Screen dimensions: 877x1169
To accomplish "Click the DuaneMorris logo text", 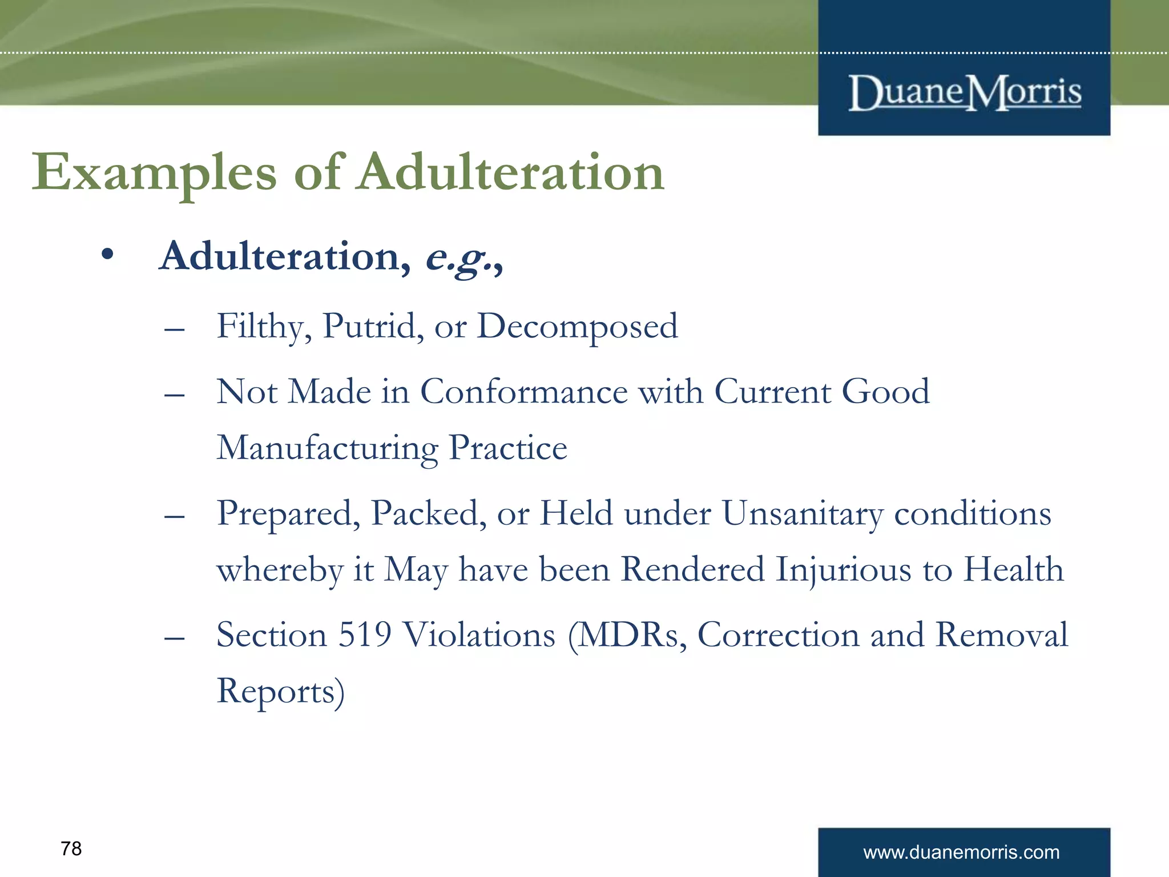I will click(x=964, y=92).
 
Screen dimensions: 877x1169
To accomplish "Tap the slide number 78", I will click(x=71, y=849).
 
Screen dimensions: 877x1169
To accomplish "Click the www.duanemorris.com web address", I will click(x=961, y=852).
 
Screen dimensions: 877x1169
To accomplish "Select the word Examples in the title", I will click(x=154, y=173).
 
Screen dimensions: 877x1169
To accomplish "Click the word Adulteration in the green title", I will click(x=510, y=172).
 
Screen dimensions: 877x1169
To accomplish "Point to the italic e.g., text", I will click(x=464, y=258).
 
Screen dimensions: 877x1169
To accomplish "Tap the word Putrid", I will click(x=373, y=326).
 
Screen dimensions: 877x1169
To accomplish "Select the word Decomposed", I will click(x=577, y=327).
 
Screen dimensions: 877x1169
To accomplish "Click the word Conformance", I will click(x=523, y=392).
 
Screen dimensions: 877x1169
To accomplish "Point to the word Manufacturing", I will click(x=327, y=448).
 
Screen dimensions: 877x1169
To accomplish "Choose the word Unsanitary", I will click(x=802, y=513).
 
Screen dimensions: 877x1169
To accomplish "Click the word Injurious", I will click(x=843, y=570).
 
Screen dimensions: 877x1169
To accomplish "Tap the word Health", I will click(x=1014, y=569).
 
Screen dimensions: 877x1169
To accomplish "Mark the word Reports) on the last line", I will click(x=280, y=691).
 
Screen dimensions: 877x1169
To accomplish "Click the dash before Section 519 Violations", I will click(x=174, y=638).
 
